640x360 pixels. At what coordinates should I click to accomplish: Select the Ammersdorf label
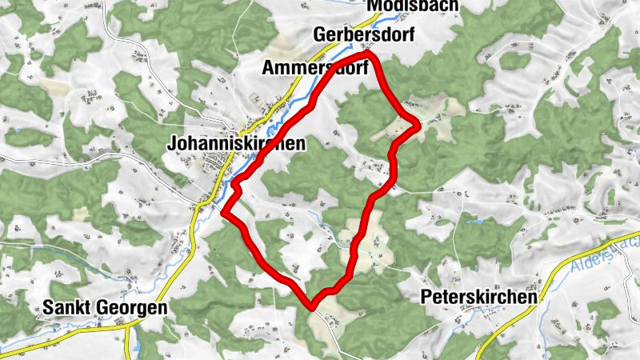tap(314, 69)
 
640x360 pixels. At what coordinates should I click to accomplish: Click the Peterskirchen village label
tap(478, 298)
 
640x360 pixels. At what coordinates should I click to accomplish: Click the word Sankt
tap(66, 307)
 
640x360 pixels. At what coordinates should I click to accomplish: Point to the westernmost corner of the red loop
tap(225, 214)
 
